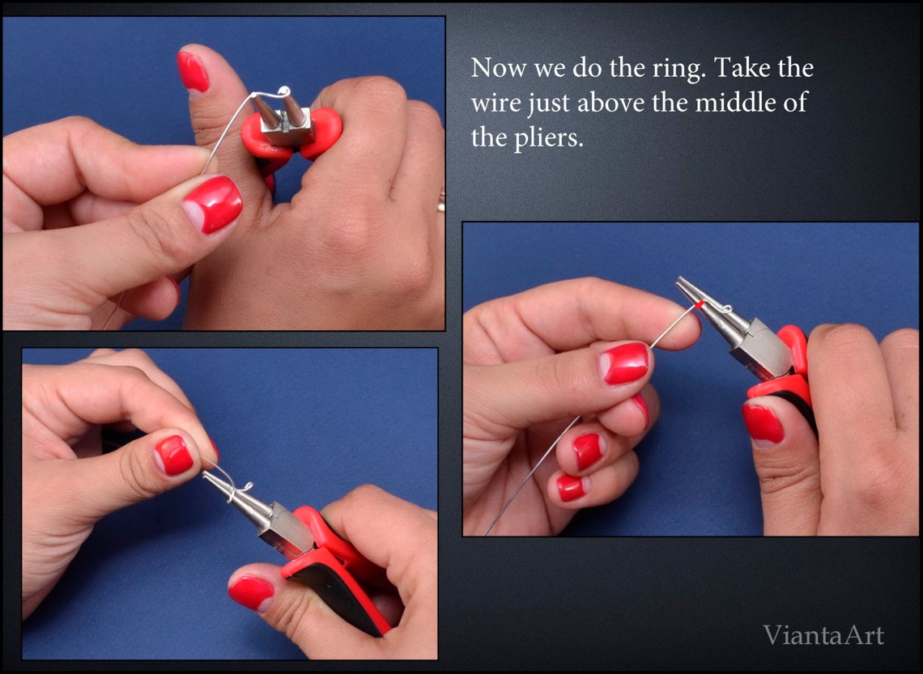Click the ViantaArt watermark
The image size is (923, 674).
pyautogui.click(x=823, y=635)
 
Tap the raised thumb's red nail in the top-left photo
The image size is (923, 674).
pyautogui.click(x=193, y=71)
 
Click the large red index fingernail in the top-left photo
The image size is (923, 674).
pyautogui.click(x=212, y=205)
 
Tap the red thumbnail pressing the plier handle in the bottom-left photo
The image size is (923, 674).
pyautogui.click(x=250, y=592)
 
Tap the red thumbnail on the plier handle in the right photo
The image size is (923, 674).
pyautogui.click(x=763, y=423)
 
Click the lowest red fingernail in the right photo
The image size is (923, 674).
pyautogui.click(x=571, y=488)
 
